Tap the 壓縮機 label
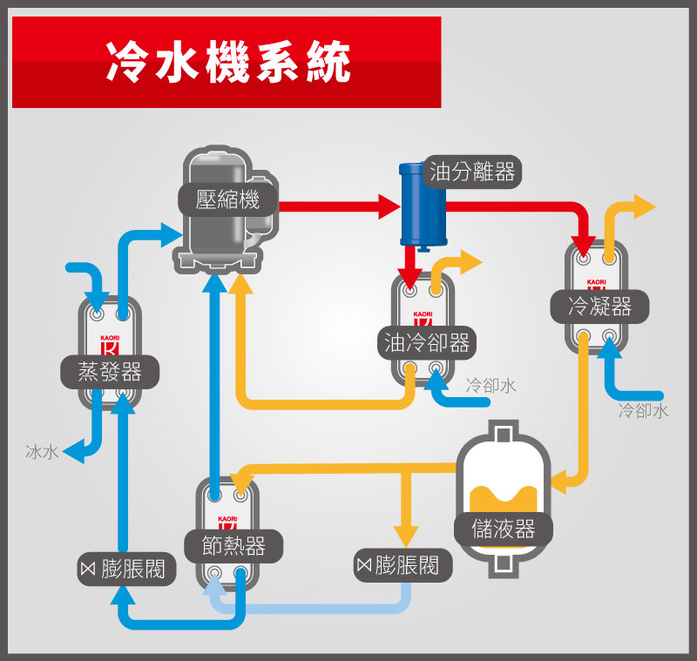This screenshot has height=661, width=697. [x=228, y=200]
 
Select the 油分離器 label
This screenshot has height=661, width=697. [x=472, y=172]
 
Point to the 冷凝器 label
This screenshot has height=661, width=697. [x=599, y=307]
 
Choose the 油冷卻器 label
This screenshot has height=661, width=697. [x=428, y=342]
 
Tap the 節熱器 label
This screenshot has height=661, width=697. [x=233, y=546]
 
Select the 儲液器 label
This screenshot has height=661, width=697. [x=504, y=529]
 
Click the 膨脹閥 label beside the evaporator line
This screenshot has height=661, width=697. [x=125, y=570]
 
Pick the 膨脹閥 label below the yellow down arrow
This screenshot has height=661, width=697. [x=397, y=565]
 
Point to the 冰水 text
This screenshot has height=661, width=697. [x=42, y=451]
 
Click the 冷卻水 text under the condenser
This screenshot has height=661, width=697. [x=643, y=411]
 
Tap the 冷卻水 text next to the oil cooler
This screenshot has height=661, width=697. [x=491, y=385]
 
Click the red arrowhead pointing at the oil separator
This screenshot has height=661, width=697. [x=389, y=206]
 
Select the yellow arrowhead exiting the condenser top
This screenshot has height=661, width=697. [x=644, y=206]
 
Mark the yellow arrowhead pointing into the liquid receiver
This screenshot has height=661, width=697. [x=558, y=478]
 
